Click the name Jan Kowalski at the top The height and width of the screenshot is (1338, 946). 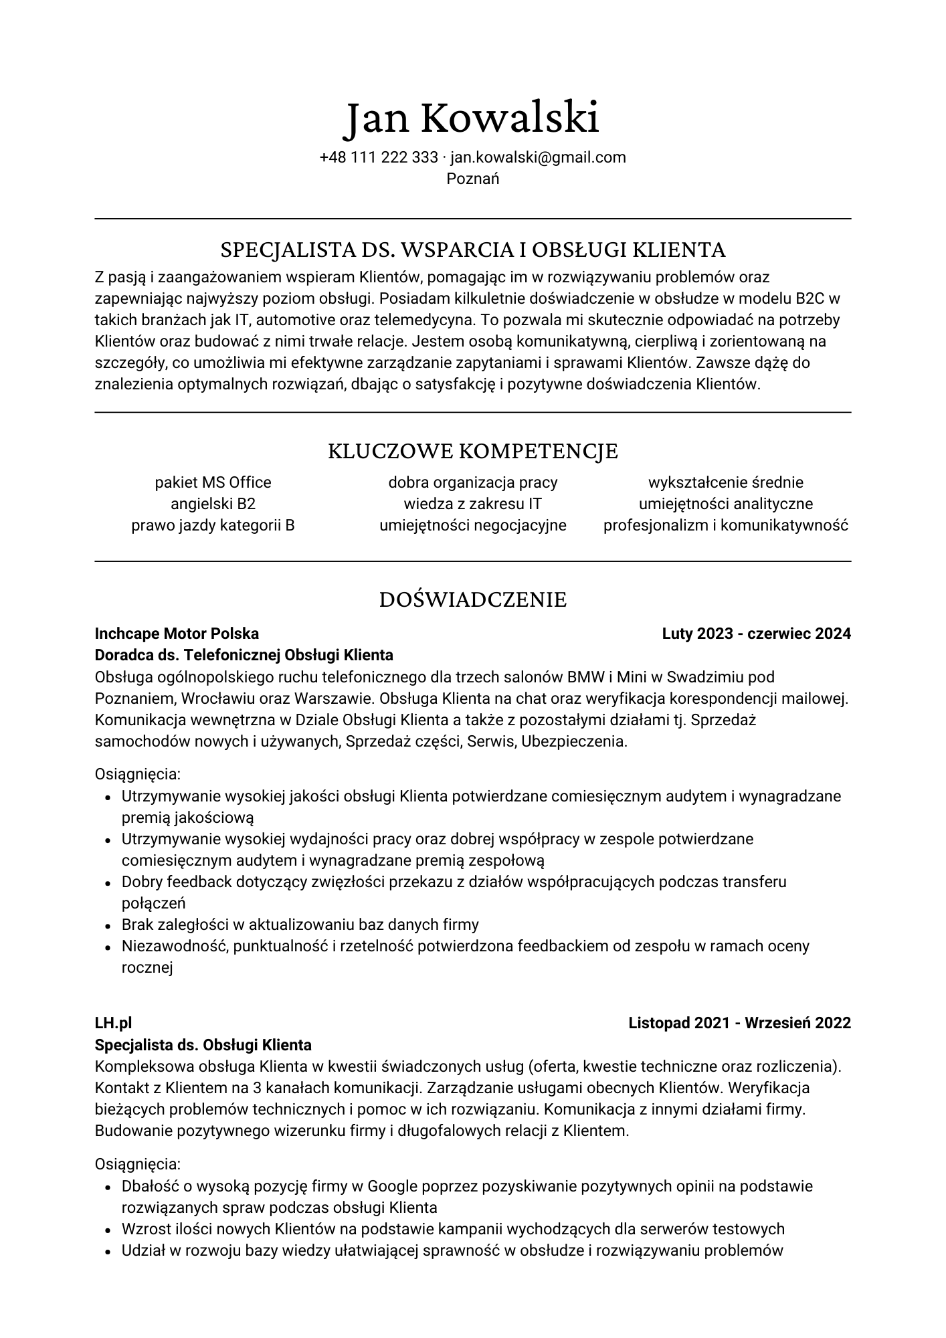pos(472,118)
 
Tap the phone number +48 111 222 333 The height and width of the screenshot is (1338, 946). pos(379,157)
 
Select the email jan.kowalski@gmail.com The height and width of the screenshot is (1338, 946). pos(538,157)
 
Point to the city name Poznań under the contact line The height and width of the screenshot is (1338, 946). pos(472,179)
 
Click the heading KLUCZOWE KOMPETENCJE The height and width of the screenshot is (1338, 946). pos(472,451)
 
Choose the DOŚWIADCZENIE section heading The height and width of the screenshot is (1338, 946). pos(472,599)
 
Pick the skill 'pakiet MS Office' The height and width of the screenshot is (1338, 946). pos(213,482)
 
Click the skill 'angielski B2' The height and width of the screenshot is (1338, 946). pos(213,504)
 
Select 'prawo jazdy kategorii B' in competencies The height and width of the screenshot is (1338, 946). pos(213,525)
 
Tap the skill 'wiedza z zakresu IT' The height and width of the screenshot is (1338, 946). pos(472,504)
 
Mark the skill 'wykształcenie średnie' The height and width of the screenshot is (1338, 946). pos(725,482)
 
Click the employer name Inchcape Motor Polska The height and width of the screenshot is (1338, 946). pos(177,634)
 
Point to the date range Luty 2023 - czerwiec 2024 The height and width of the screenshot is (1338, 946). pos(756,634)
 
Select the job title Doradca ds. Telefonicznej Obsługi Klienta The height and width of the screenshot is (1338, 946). pos(244,655)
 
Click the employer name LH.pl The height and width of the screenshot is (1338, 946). pos(113,1023)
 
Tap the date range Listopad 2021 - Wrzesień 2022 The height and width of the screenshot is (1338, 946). pos(739,1023)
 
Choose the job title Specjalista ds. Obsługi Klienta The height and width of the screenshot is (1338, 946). pos(203,1044)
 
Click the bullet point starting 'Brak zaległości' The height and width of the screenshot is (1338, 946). pos(300,925)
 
